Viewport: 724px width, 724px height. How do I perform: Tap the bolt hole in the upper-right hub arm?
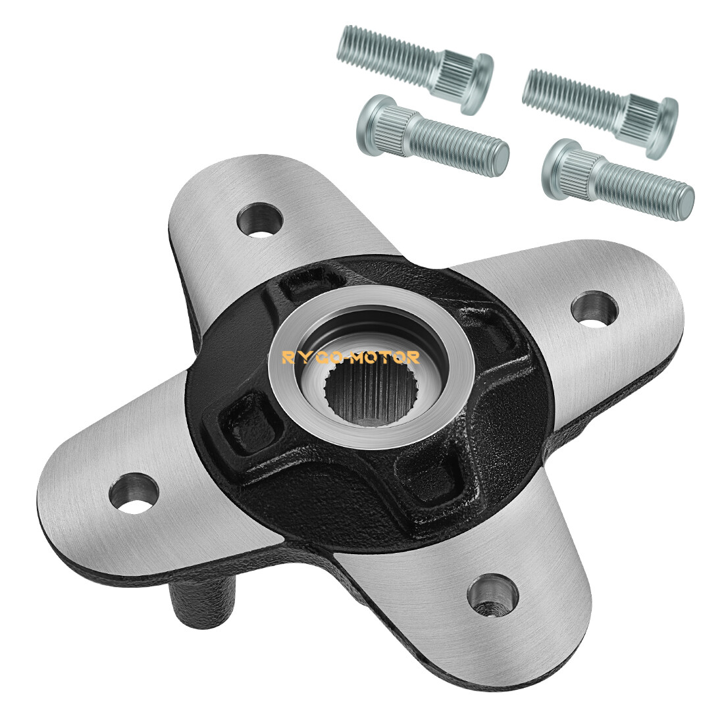[x=594, y=305]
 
